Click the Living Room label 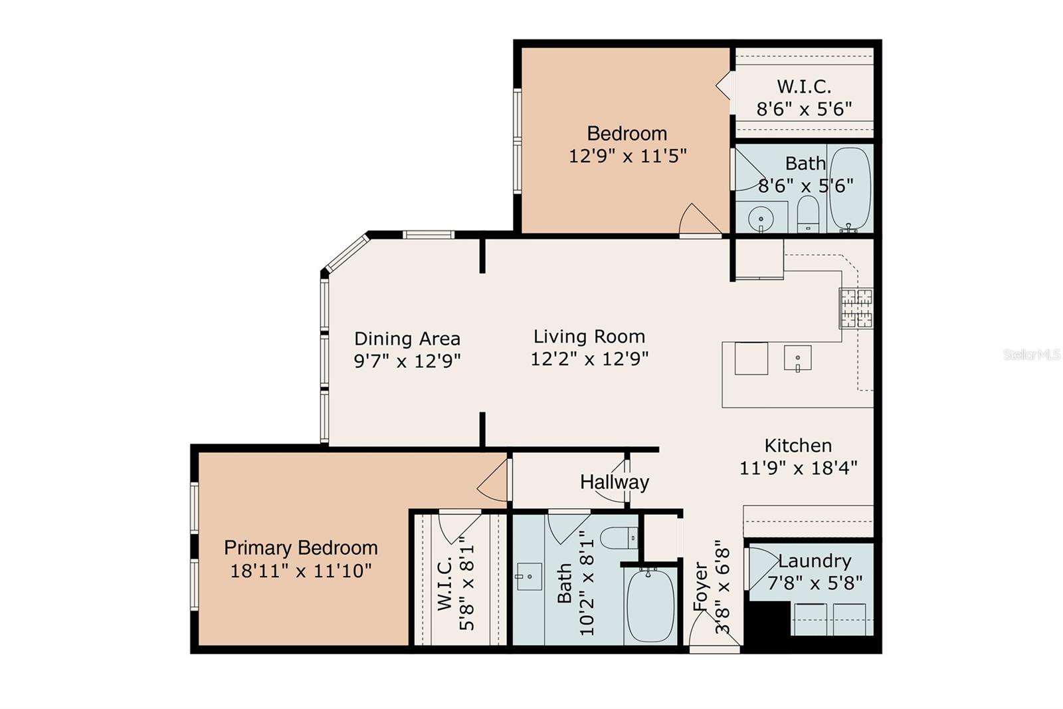(589, 337)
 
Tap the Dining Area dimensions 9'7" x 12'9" (407, 361)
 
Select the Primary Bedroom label (300, 548)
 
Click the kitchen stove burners (856, 308)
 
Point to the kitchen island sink (797, 358)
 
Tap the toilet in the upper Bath (808, 214)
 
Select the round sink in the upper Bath (760, 217)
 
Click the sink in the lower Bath (530, 576)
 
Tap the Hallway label (614, 482)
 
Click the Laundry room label (815, 561)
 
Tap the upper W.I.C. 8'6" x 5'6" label (804, 97)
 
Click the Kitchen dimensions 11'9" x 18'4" (798, 468)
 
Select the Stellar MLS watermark (1031, 354)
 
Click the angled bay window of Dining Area (346, 252)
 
